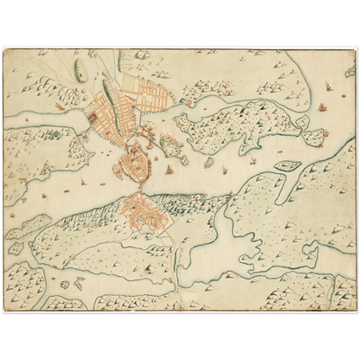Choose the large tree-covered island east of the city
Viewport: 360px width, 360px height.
pyautogui.click(x=234, y=125)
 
